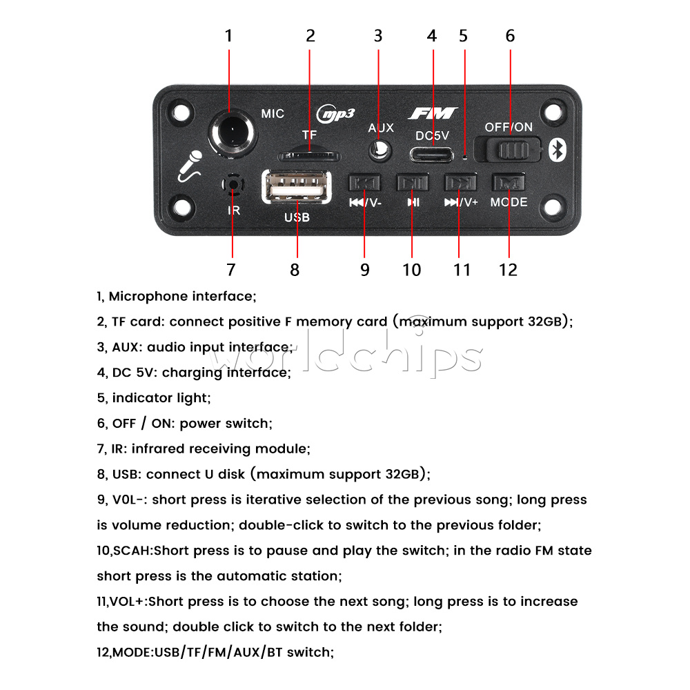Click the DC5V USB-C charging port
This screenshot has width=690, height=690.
433,153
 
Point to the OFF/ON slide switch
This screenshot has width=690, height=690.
511,150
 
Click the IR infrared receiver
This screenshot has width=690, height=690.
233,184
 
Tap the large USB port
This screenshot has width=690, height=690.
297,187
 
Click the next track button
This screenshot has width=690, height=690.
459,183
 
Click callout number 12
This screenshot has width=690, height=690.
508,270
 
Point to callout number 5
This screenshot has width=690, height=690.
464,36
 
